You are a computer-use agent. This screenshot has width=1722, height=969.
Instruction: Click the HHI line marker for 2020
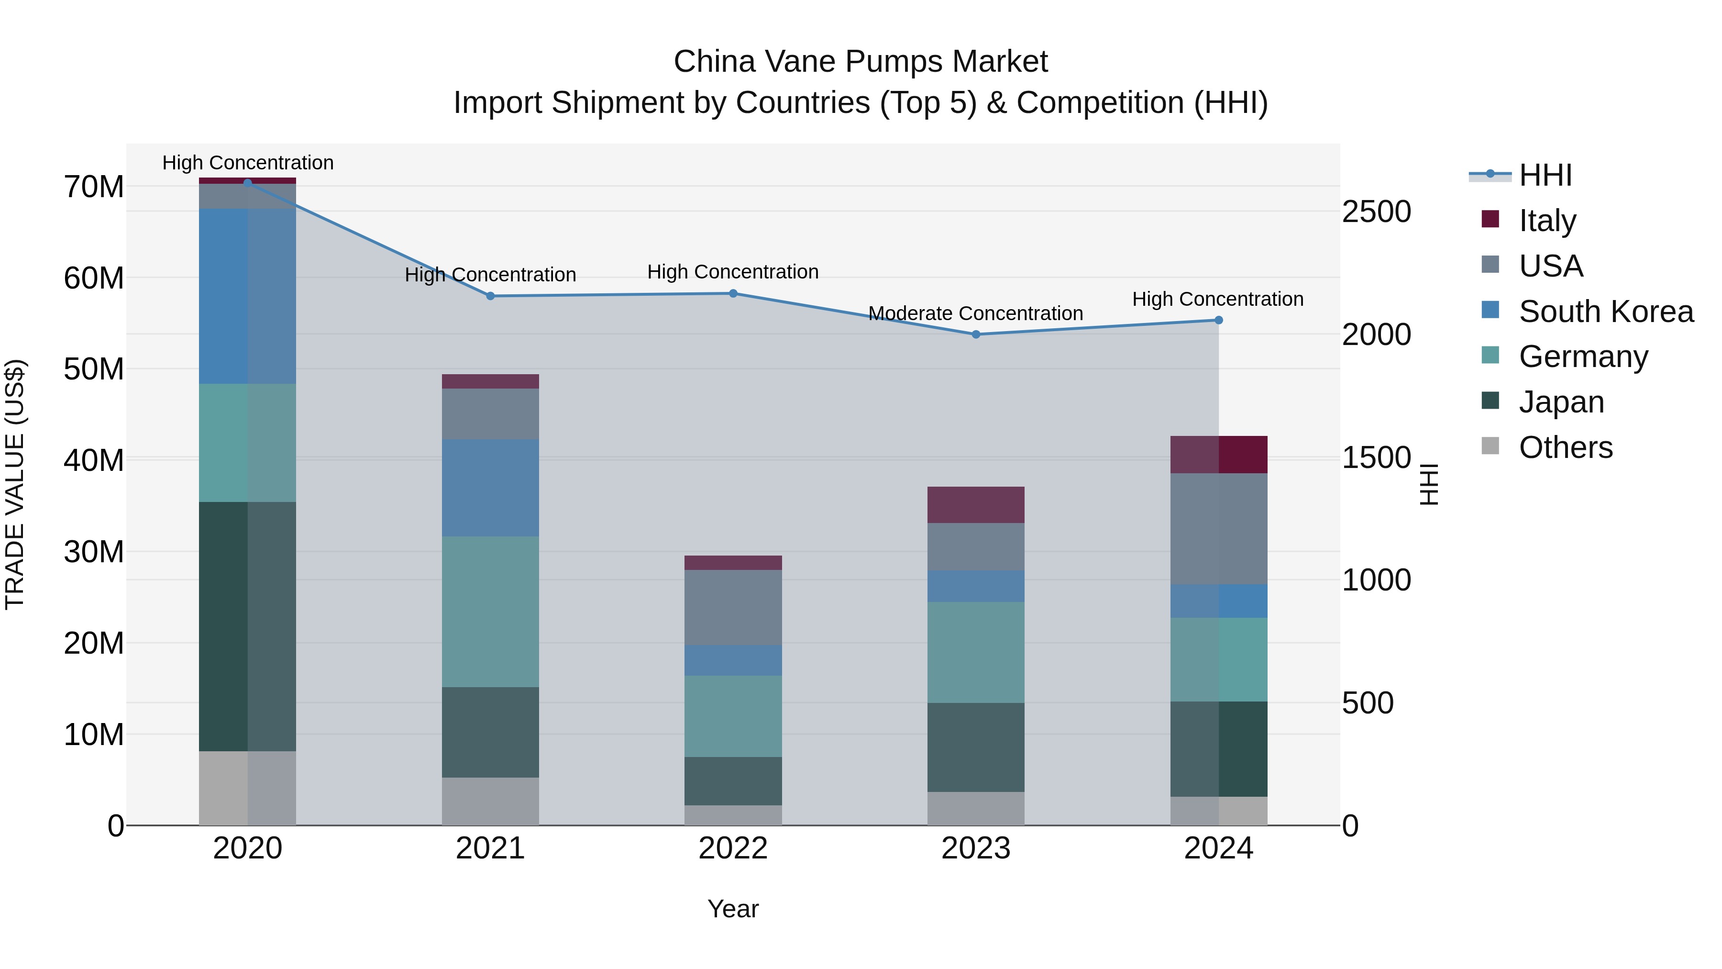point(247,183)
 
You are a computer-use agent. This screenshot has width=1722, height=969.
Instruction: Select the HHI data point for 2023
point(975,334)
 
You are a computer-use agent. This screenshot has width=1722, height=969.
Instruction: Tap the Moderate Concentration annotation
point(975,313)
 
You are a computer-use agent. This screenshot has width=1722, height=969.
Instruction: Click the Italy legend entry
point(1547,220)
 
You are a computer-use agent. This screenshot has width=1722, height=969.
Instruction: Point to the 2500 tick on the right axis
point(1376,212)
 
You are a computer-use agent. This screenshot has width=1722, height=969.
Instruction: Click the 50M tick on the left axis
point(94,369)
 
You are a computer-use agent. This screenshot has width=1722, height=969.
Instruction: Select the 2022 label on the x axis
point(733,848)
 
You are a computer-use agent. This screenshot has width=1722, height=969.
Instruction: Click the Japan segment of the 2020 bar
point(247,626)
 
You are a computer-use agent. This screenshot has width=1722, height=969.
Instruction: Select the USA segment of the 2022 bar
point(733,607)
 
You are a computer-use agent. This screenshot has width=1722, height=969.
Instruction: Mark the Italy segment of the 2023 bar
point(975,505)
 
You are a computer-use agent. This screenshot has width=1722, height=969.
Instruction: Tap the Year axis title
point(733,909)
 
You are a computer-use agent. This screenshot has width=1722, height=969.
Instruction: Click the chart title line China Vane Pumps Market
point(861,62)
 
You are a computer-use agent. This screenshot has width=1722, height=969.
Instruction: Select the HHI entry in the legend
point(1544,175)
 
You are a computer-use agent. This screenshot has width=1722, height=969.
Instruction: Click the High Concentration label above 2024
point(1217,299)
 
